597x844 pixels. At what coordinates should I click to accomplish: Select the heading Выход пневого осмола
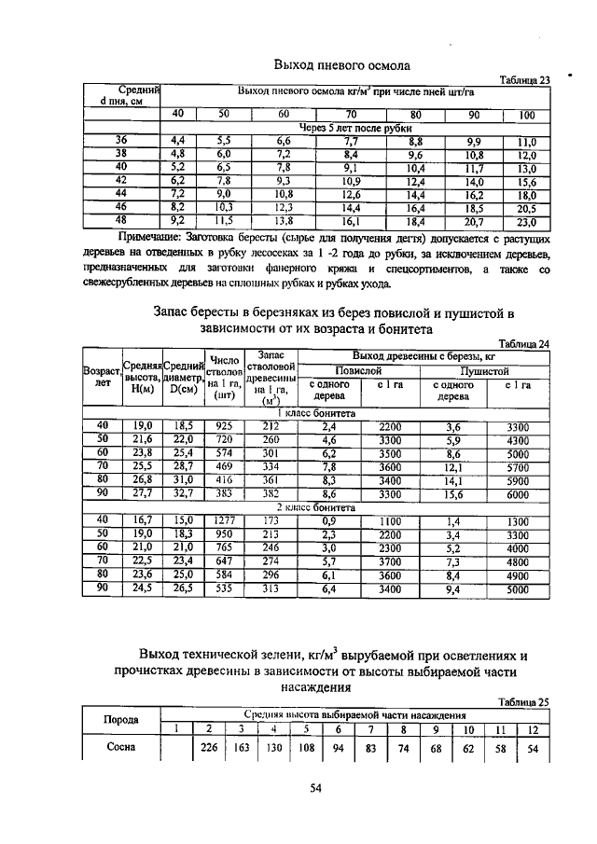coord(342,64)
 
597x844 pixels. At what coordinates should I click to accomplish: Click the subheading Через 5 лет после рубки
coord(354,128)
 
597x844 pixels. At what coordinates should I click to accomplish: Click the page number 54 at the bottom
coord(315,789)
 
